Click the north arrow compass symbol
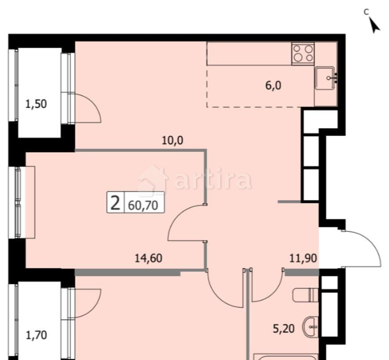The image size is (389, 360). [375, 25]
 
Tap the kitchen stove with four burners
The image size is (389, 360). [303, 53]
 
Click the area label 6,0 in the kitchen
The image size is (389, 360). [274, 86]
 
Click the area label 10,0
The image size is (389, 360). [173, 141]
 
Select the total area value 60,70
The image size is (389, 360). [143, 205]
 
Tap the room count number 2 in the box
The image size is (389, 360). [115, 204]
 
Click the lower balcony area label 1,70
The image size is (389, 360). [36, 334]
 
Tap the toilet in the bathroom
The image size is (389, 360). [306, 295]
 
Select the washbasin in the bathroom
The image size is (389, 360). [310, 328]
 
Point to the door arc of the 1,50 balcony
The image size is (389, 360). [91, 107]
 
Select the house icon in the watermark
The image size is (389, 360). [152, 180]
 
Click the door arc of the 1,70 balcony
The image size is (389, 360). [91, 300]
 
